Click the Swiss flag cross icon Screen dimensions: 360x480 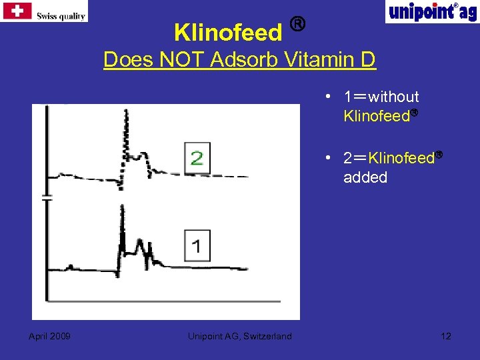click(17, 11)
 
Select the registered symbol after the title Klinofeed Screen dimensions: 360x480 click(298, 25)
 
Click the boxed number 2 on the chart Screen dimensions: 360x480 click(197, 158)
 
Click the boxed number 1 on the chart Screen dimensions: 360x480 click(197, 246)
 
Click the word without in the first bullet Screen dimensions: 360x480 click(397, 97)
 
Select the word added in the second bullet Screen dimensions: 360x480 click(365, 177)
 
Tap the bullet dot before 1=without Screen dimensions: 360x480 click(329, 97)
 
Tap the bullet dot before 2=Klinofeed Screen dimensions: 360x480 click(329, 158)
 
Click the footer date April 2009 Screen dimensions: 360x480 click(50, 336)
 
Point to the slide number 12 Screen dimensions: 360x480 click(446, 335)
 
